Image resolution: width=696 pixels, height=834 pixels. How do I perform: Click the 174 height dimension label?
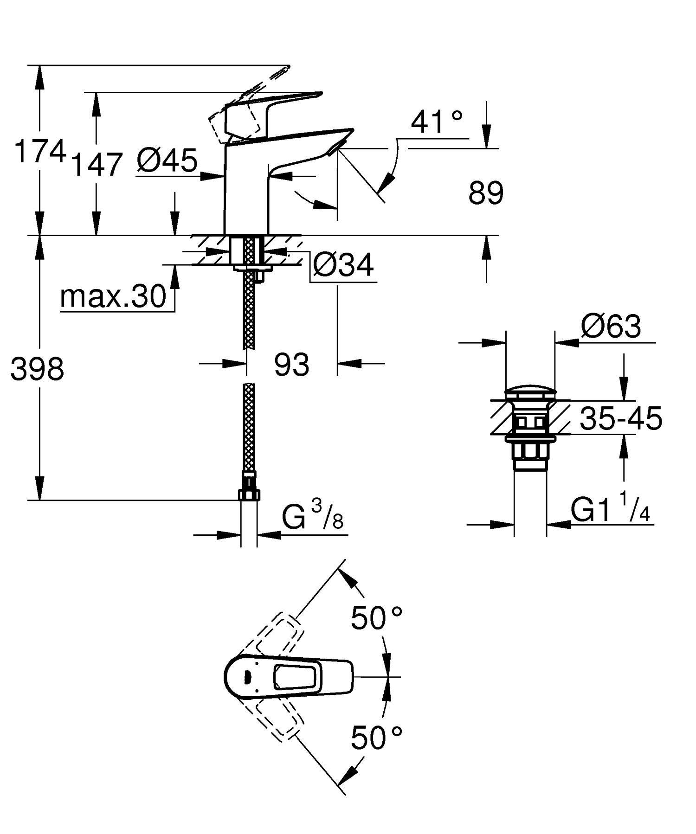(40, 152)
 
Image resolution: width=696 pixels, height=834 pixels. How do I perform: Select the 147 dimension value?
(97, 165)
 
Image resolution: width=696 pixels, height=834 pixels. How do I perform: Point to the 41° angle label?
(437, 122)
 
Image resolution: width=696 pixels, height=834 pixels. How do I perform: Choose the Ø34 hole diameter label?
(343, 266)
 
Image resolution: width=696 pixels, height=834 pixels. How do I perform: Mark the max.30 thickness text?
(113, 297)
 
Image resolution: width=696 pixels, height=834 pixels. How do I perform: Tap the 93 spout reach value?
(291, 365)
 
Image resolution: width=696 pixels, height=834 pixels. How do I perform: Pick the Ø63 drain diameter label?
(611, 327)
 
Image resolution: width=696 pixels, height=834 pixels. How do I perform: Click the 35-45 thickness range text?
(621, 418)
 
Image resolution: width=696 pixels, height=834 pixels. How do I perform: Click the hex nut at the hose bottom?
(249, 494)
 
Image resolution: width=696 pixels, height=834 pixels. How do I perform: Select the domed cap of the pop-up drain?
(529, 392)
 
